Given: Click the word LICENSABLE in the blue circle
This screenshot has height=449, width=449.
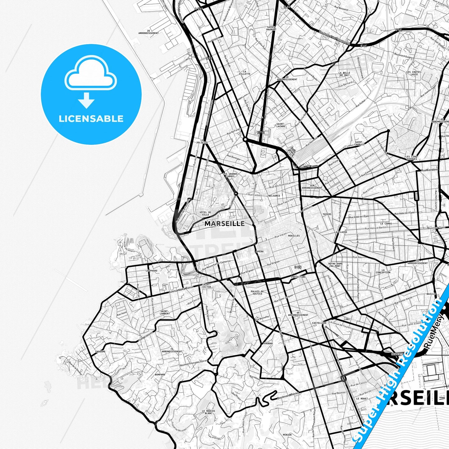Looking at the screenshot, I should click(91, 118).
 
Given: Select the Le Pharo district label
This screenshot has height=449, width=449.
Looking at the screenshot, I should click(151, 271).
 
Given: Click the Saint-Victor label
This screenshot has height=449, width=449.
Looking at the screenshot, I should click(207, 285).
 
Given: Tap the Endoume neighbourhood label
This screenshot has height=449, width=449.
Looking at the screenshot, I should click(100, 351).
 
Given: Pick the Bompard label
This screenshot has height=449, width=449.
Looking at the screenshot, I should click(160, 374).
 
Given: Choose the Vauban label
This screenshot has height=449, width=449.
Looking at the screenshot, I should click(268, 343).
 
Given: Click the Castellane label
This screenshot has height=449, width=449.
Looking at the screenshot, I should click(319, 323).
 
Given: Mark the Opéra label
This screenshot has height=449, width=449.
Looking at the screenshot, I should click(259, 251).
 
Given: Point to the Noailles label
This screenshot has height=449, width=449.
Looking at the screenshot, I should click(294, 236).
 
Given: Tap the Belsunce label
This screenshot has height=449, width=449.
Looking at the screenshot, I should click(274, 196).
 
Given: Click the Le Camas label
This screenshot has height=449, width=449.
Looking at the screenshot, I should click(386, 223).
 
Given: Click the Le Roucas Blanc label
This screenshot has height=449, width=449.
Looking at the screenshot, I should click(208, 412).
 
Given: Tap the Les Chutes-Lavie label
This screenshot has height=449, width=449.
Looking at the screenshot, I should click(414, 73).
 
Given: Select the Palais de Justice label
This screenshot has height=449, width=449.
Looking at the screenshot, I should click(257, 292).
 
